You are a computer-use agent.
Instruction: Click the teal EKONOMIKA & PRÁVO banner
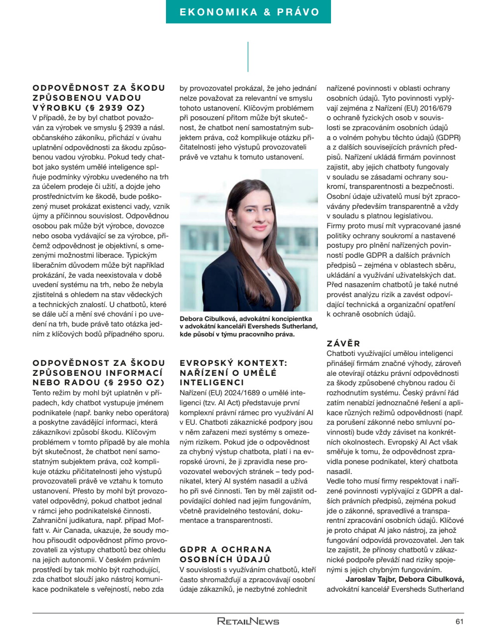pos(248,12)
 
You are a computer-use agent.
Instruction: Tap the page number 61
pos(459,621)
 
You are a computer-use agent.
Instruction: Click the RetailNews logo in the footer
pos(248,621)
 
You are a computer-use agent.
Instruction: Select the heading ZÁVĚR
pos(343,343)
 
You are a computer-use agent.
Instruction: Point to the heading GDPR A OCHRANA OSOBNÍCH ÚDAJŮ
pos(225,554)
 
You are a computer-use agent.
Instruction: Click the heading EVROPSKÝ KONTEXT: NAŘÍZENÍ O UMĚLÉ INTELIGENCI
pos(233,373)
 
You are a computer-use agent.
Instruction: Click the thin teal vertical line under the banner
pos(248,56)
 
